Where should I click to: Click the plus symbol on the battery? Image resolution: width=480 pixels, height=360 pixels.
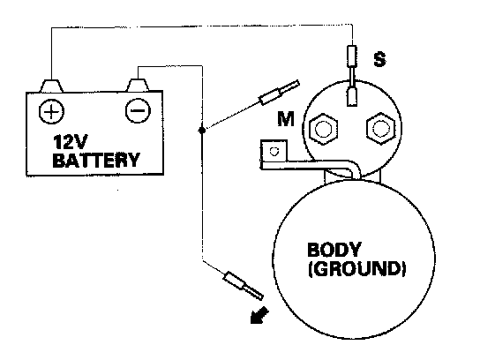(x=51, y=111)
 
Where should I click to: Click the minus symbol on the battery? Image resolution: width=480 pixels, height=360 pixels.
(x=138, y=110)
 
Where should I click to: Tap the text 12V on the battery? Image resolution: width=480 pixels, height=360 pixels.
(x=71, y=142)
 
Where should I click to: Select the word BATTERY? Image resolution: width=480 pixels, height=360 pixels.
(x=96, y=160)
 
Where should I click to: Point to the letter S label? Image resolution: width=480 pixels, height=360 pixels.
(x=379, y=59)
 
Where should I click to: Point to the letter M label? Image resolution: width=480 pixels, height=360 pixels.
(x=286, y=119)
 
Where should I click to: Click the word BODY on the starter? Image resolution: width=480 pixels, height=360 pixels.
(x=334, y=250)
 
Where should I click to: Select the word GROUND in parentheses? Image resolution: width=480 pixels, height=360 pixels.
(x=357, y=269)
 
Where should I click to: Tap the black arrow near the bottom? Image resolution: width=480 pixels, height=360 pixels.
(x=259, y=315)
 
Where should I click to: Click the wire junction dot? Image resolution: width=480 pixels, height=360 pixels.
(x=202, y=131)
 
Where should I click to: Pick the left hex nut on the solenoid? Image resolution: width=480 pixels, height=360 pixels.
(x=323, y=129)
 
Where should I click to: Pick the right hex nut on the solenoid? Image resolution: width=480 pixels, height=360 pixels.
(x=380, y=129)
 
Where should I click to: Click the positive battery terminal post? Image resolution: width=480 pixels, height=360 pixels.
(x=51, y=86)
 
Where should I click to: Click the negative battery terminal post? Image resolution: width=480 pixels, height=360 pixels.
(x=138, y=85)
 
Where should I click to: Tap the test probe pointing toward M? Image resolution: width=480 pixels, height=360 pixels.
(x=279, y=92)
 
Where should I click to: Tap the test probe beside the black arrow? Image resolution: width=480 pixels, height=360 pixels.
(x=244, y=286)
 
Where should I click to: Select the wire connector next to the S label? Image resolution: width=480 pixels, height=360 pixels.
(x=352, y=56)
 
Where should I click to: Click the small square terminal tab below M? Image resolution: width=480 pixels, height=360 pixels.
(x=274, y=151)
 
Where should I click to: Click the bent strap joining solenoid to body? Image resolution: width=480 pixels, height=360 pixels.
(x=309, y=165)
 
